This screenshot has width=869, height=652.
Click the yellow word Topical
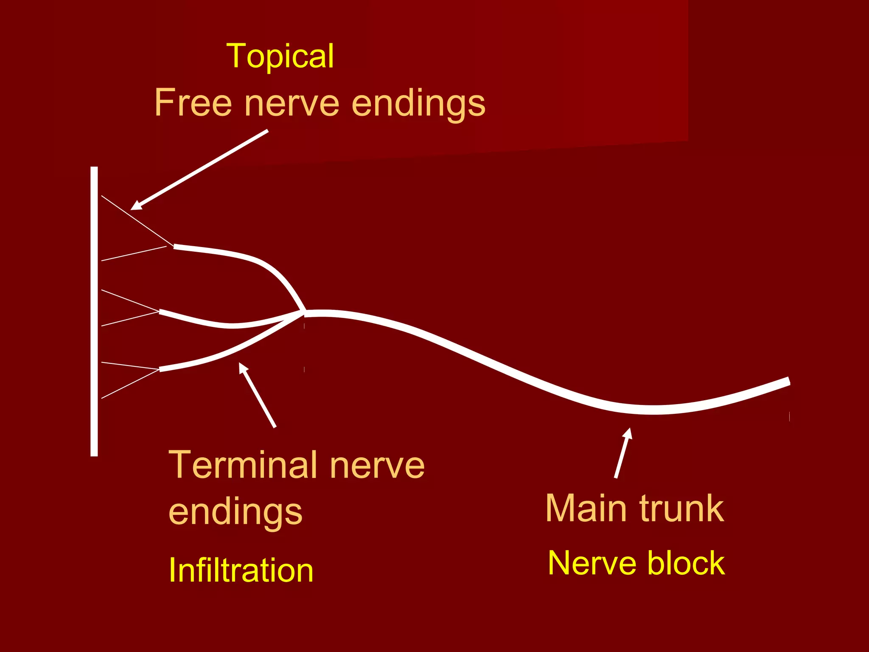[280, 56]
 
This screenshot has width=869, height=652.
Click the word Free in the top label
[193, 103]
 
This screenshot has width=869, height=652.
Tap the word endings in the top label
[418, 104]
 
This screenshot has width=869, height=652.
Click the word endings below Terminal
[235, 513]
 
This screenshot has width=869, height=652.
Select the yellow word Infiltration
[241, 570]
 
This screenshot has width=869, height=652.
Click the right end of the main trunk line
[788, 381]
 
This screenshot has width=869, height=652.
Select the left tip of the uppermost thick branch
[175, 246]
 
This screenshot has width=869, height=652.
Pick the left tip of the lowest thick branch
[160, 369]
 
